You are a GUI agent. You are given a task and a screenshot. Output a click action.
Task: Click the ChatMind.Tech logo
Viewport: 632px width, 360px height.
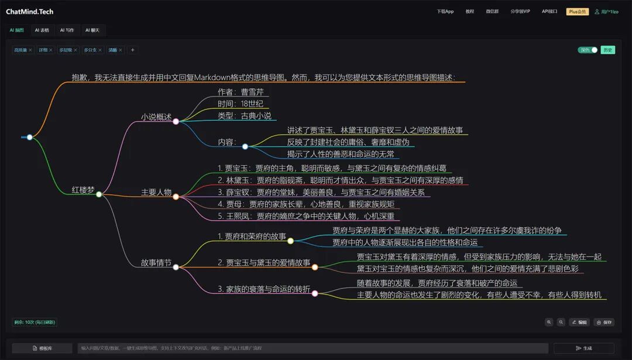(29, 11)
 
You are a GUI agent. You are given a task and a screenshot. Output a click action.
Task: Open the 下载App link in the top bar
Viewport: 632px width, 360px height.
(445, 11)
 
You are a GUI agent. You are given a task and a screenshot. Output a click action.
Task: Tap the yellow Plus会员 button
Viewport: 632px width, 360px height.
(578, 11)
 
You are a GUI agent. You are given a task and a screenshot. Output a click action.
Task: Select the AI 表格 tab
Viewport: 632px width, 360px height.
(42, 30)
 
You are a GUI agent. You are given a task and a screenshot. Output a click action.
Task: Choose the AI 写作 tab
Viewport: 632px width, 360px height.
(67, 30)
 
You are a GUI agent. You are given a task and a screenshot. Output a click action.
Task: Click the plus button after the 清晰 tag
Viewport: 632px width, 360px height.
(132, 50)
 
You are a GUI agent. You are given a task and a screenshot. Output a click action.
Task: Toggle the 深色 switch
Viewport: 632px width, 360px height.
(588, 50)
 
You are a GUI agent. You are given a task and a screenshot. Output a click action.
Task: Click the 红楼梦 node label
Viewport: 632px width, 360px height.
(83, 190)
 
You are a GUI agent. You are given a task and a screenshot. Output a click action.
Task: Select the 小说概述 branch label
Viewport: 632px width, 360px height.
(156, 117)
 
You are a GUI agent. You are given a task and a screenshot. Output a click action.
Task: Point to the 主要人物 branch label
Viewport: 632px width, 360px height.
(156, 193)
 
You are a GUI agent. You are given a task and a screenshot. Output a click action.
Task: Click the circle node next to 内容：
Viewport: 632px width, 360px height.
(245, 146)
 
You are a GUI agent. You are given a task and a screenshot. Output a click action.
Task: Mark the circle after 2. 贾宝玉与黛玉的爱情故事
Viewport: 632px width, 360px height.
(315, 267)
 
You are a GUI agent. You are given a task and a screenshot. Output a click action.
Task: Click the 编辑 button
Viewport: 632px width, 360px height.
(580, 322)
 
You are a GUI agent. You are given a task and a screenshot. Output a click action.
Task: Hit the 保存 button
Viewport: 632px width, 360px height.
(604, 322)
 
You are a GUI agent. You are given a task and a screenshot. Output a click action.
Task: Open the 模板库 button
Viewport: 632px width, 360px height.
(42, 348)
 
